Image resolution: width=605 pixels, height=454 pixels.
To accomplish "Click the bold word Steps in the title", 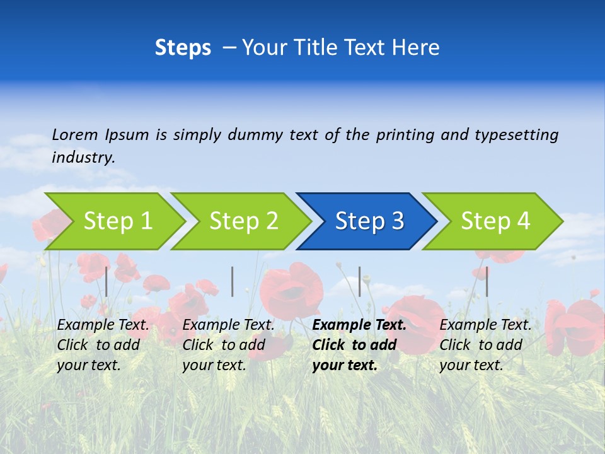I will (183, 48).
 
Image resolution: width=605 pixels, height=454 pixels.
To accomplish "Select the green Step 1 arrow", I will (117, 221).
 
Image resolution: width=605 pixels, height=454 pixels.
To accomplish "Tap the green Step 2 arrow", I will (243, 221).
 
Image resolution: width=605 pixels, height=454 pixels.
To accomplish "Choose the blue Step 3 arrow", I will (369, 221).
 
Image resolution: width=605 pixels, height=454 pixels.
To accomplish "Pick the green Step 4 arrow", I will (495, 221).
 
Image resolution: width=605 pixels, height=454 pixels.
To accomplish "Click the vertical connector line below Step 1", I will (107, 281).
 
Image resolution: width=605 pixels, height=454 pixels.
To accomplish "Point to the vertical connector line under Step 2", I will (233, 281).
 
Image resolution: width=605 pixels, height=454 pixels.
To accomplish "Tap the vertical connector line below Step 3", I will (360, 281).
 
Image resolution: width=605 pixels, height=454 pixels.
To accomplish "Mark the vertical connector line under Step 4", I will (487, 281).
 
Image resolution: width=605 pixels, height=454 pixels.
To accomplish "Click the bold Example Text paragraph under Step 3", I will (359, 345).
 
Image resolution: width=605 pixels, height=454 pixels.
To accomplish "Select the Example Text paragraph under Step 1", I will (103, 345).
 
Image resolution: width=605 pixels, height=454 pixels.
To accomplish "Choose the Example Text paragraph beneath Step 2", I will (228, 345).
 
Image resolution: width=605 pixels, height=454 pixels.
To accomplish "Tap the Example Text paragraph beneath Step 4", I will (485, 345).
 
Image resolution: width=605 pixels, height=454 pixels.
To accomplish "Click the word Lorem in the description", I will (75, 135).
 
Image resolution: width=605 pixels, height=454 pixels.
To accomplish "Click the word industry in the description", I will (83, 158).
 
